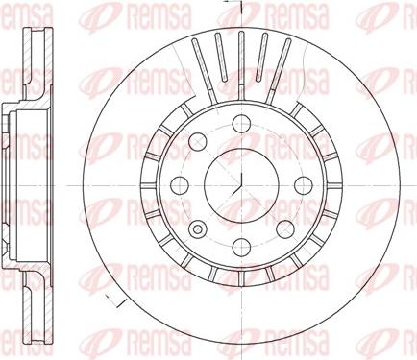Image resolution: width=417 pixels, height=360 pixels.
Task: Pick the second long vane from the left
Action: coord(220,52)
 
